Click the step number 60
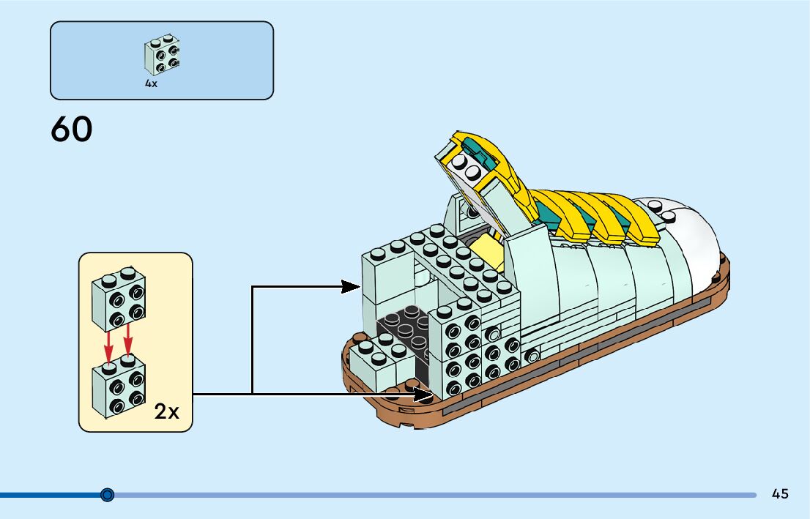pyautogui.click(x=72, y=130)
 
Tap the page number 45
pyautogui.click(x=780, y=494)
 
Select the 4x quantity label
pyautogui.click(x=151, y=84)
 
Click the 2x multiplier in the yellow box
pyautogui.click(x=167, y=412)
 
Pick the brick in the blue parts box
pyautogui.click(x=162, y=54)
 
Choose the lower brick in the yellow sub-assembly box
pyautogui.click(x=118, y=389)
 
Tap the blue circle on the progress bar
pyautogui.click(x=108, y=495)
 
